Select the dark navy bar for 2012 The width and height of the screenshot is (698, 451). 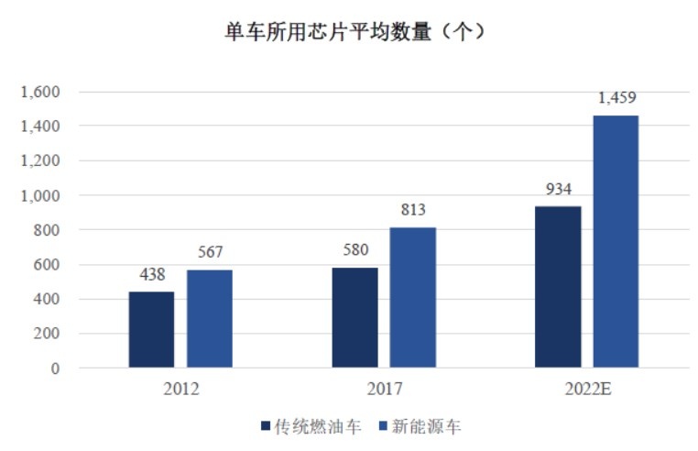coord(151,329)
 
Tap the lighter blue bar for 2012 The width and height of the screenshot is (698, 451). coord(210,319)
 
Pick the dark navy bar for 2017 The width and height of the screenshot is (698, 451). coord(354,317)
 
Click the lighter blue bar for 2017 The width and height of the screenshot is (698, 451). coord(412,297)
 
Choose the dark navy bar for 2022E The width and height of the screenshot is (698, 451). coord(558,287)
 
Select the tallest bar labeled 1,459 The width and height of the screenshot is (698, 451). coord(616,242)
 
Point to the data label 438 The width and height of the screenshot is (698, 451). coord(152,274)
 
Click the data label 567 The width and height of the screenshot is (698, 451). coord(210,252)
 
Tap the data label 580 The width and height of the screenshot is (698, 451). coord(355,249)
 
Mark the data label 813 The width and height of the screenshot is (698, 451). coord(413,209)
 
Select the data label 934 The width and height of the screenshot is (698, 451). coord(559,189)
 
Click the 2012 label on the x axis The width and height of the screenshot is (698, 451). coord(180,389)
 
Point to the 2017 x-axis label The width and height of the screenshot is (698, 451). coord(384,389)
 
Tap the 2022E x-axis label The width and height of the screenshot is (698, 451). coord(587,389)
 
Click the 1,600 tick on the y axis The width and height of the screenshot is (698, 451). coord(40,92)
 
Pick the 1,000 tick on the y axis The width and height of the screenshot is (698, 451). coord(40,195)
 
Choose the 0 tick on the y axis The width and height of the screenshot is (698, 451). coord(55,368)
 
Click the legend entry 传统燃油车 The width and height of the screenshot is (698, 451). coord(311,426)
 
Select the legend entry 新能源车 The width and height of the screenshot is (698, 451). coord(420,426)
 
